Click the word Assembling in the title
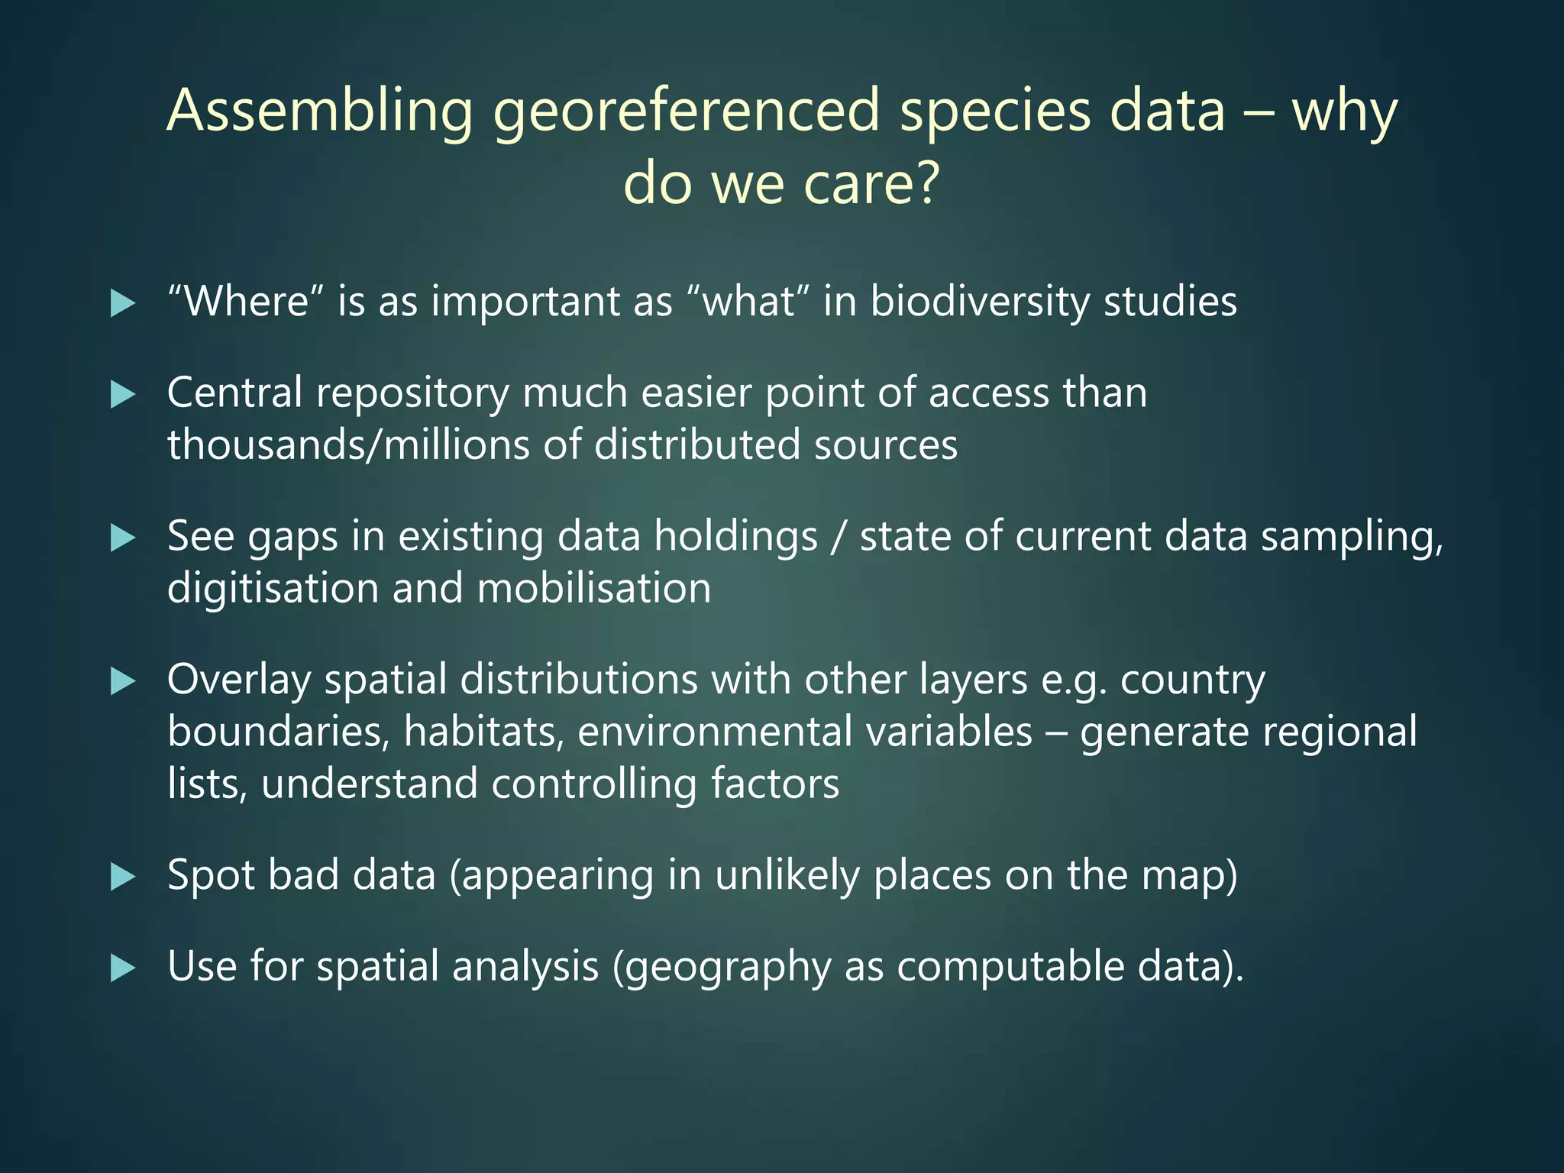(x=321, y=112)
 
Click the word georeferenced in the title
(x=687, y=112)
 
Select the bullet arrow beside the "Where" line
(x=123, y=303)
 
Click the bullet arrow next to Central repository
(x=123, y=395)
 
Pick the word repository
(x=412, y=395)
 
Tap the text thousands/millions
(x=347, y=445)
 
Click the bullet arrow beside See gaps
(x=123, y=538)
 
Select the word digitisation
(x=273, y=589)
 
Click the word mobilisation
(x=594, y=589)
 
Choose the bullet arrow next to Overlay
(x=123, y=681)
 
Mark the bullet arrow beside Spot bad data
(x=123, y=877)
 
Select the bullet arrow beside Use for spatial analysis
(x=123, y=968)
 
